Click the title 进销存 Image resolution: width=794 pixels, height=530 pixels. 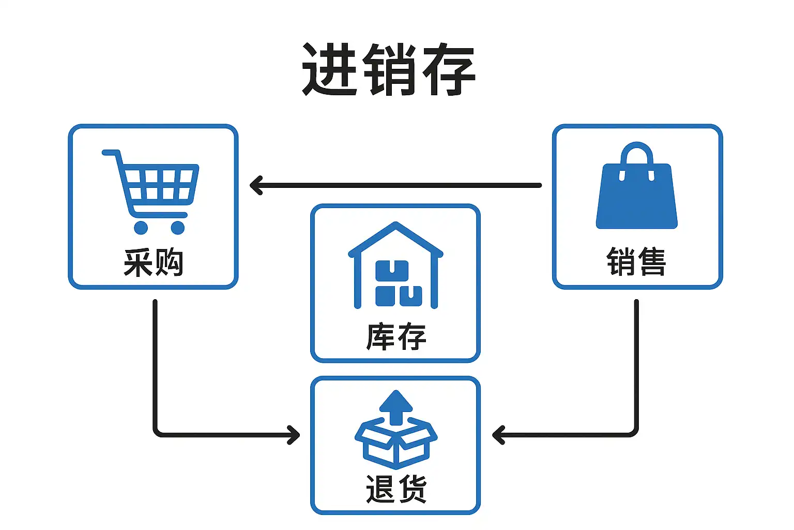click(x=389, y=69)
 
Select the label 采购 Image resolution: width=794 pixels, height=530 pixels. click(x=154, y=262)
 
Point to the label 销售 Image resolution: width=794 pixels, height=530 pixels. click(x=636, y=261)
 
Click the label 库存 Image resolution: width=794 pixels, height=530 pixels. click(x=396, y=336)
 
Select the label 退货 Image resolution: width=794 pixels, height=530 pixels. click(x=396, y=489)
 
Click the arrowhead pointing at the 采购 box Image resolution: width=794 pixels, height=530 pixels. click(x=255, y=185)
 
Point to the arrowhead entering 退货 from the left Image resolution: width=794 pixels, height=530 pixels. click(x=295, y=435)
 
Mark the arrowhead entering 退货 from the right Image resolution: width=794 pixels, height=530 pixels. click(x=497, y=435)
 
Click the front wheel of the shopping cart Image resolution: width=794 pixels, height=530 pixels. click(x=177, y=227)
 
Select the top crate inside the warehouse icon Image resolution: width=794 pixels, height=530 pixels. click(x=391, y=271)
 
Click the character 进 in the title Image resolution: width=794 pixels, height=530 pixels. click(x=329, y=69)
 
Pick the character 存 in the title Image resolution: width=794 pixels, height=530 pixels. click(x=448, y=69)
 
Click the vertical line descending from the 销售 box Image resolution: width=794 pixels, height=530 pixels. click(x=636, y=362)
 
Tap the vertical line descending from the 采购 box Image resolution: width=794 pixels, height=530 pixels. click(x=155, y=362)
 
